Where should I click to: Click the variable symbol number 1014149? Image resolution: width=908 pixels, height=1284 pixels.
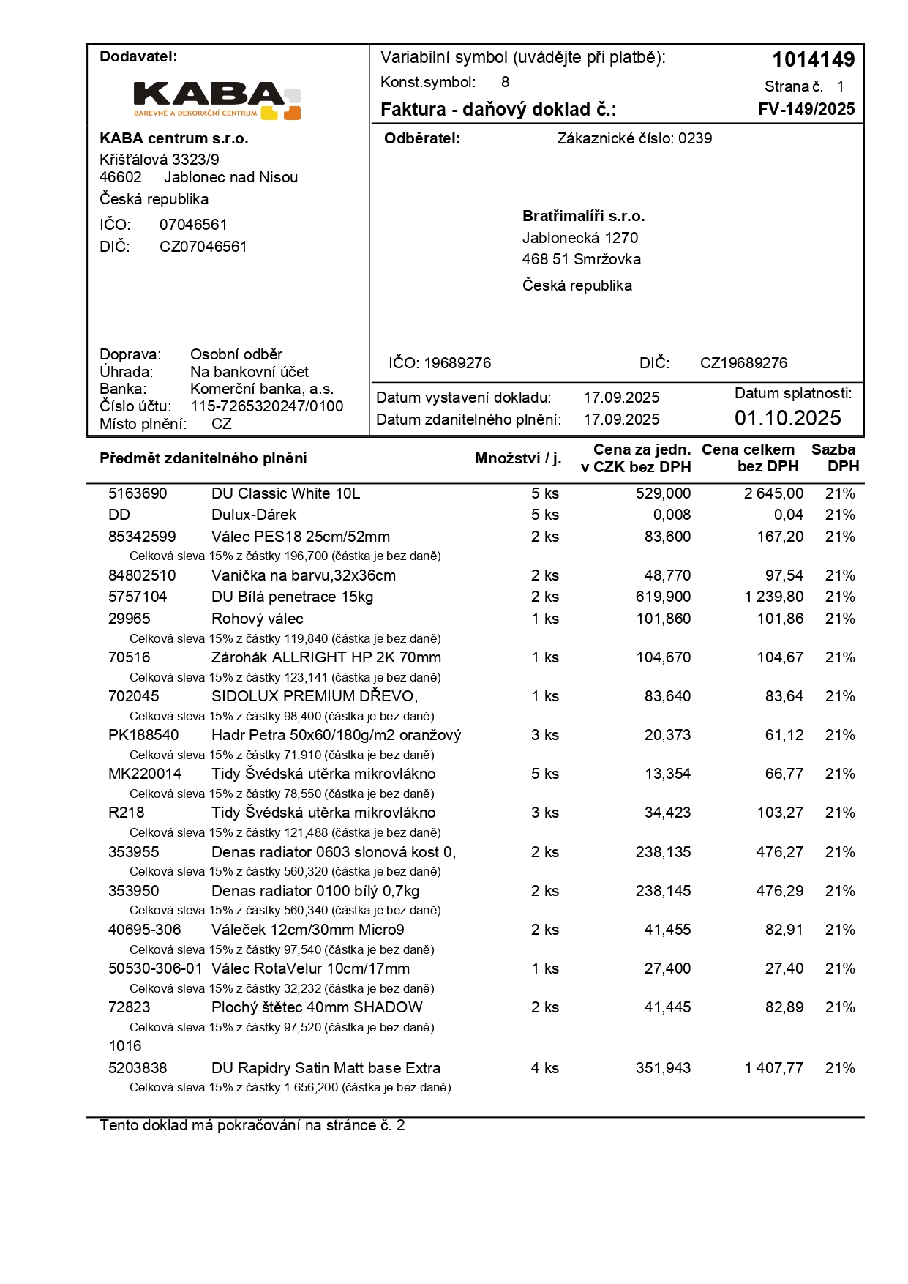(813, 59)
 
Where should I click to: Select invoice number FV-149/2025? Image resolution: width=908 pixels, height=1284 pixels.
(806, 109)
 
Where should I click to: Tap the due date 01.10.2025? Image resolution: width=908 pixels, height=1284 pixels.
(787, 418)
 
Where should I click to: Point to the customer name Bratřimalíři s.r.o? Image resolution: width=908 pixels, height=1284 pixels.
(583, 216)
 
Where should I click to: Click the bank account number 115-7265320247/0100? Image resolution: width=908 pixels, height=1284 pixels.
(266, 406)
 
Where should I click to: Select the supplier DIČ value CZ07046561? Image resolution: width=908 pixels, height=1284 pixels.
(203, 247)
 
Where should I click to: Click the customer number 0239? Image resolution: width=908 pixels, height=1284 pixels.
(694, 138)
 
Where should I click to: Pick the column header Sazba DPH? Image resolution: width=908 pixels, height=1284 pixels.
(834, 458)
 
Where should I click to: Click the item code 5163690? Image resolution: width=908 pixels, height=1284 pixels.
(138, 493)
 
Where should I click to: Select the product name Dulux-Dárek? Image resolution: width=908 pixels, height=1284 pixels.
(253, 515)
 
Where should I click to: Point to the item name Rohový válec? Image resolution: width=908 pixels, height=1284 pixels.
(257, 619)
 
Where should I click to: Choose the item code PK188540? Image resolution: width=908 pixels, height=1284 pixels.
(143, 735)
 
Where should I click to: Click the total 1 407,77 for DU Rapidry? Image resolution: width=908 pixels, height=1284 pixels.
(773, 1068)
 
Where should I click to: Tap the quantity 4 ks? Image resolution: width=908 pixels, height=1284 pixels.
(544, 1068)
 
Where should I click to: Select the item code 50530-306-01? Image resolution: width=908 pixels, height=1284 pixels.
(155, 968)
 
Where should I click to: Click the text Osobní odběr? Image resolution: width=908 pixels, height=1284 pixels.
(236, 354)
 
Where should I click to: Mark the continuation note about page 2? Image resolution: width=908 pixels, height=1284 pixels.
(252, 1125)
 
